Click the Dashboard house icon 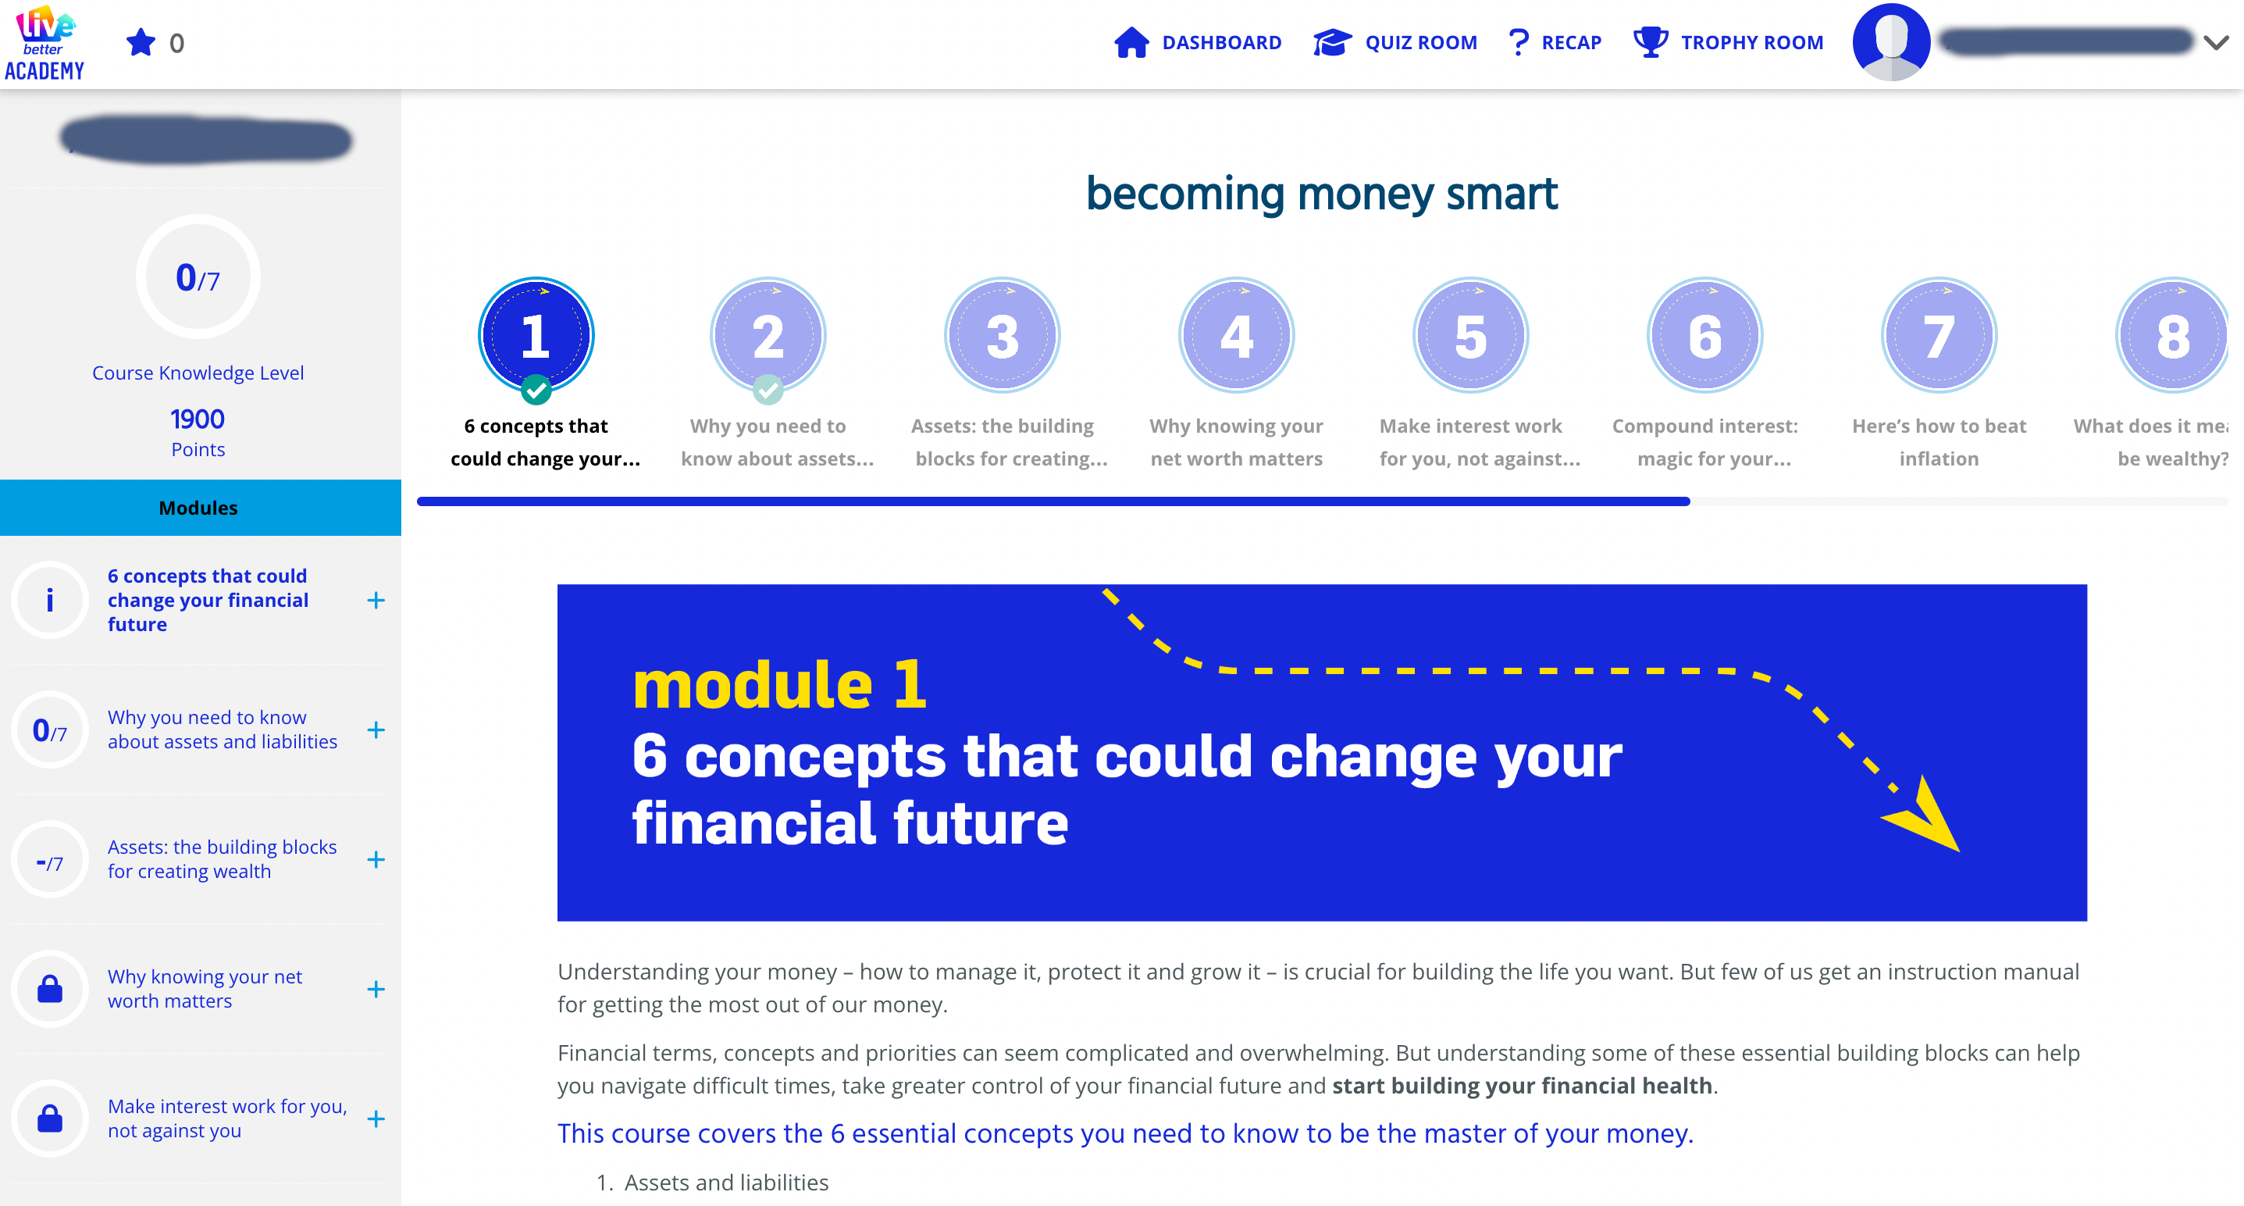tap(1131, 42)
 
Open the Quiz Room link tap(1420, 42)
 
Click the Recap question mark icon tap(1518, 42)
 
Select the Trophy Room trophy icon tap(1650, 42)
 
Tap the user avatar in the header tap(1891, 42)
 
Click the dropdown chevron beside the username tap(2216, 42)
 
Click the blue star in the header tap(141, 42)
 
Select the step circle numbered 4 tap(1236, 336)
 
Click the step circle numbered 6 tap(1704, 336)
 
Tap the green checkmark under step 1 tap(536, 390)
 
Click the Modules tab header tap(198, 508)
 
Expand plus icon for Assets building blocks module tap(376, 860)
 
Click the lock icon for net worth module tap(50, 989)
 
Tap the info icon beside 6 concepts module tap(50, 600)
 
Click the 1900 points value tap(198, 419)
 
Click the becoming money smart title tap(1321, 194)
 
